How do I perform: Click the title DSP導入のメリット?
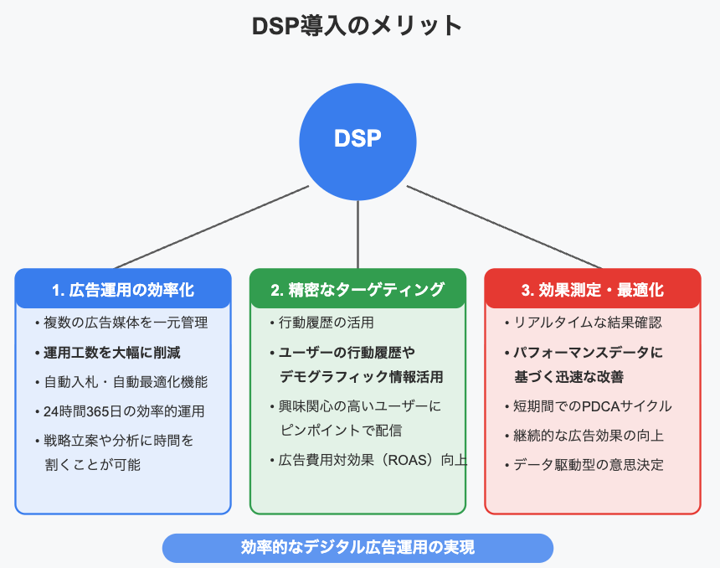tap(357, 26)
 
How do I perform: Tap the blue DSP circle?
tap(357, 142)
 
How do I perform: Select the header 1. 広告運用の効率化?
tap(123, 290)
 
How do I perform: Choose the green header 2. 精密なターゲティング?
tap(357, 290)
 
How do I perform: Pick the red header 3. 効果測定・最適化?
tap(593, 290)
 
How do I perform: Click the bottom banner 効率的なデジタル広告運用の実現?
tap(357, 548)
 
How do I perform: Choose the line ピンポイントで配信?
tap(341, 430)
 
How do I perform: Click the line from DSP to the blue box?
tap(212, 227)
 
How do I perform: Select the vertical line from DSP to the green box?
tap(357, 235)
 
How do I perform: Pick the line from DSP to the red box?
tap(504, 227)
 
